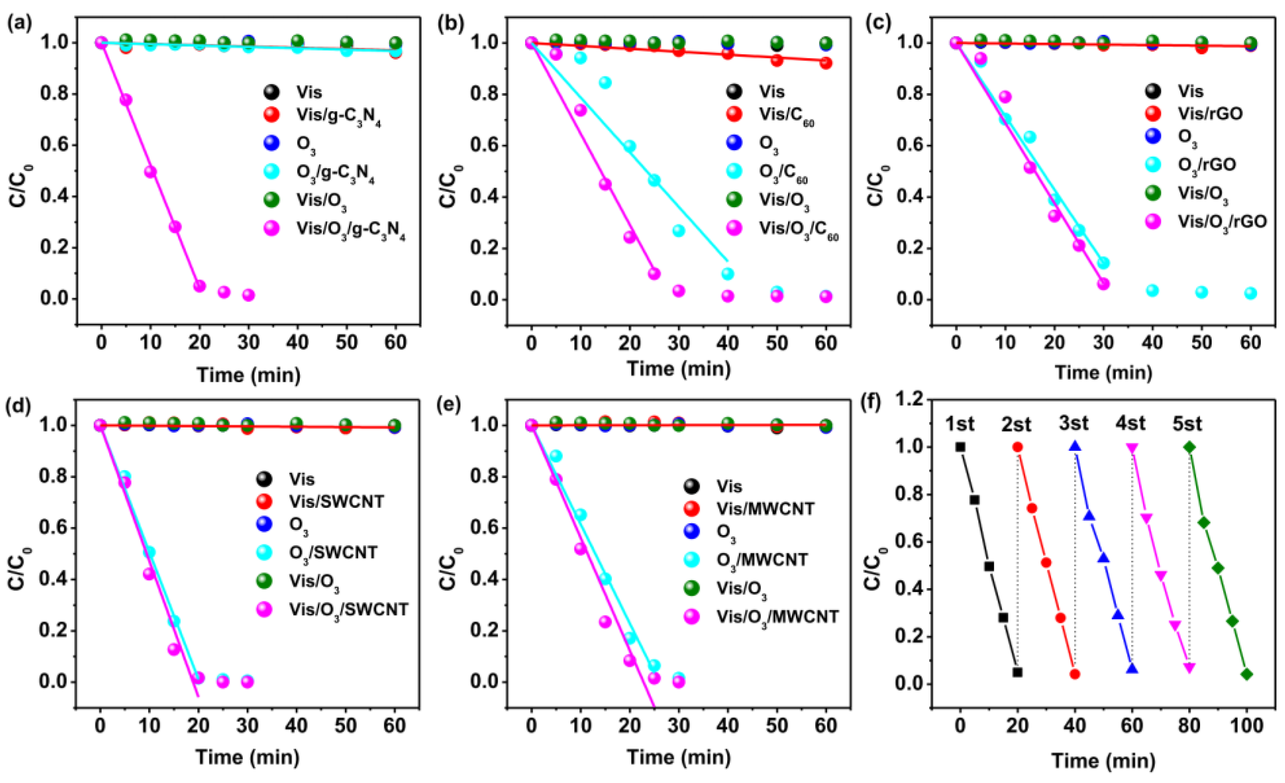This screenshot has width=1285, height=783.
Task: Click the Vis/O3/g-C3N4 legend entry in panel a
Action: tap(350, 230)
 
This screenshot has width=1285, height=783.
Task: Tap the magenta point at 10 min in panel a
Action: tap(150, 172)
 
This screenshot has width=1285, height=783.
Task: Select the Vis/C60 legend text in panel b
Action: tap(786, 116)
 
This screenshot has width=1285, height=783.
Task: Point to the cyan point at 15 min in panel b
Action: tap(605, 82)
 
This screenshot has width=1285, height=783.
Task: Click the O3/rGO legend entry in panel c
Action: tap(1206, 165)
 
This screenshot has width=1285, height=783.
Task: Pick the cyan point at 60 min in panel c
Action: tap(1250, 293)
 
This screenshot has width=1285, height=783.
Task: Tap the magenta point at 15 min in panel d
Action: tap(174, 649)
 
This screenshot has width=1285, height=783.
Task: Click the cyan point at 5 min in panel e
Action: tap(556, 456)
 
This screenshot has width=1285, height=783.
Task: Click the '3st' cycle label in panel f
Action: tap(1074, 423)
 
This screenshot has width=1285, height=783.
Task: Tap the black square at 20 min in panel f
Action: tap(1017, 672)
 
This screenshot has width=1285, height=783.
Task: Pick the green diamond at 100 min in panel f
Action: tap(1247, 674)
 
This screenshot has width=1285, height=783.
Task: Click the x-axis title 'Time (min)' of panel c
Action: tap(1103, 372)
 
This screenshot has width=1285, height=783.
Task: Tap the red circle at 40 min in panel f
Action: tap(1074, 674)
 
